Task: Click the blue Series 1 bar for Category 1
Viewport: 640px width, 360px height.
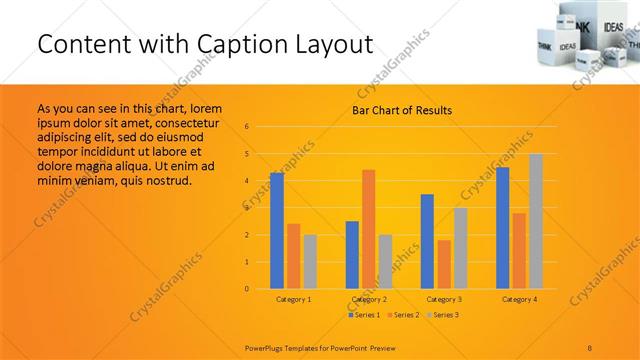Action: point(277,230)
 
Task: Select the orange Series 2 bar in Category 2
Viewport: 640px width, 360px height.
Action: point(369,229)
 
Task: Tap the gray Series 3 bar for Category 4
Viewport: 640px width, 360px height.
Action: point(536,221)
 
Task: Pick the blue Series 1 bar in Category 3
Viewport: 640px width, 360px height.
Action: point(427,241)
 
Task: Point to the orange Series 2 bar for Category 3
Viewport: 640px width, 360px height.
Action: point(444,264)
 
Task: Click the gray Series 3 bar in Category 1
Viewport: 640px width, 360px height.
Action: point(310,261)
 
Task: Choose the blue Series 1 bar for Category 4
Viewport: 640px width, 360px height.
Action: point(502,228)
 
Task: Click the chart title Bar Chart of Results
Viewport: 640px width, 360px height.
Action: point(402,110)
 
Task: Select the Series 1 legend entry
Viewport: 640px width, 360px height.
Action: point(363,315)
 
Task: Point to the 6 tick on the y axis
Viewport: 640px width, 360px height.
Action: point(247,127)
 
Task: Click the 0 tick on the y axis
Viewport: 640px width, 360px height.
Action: point(247,289)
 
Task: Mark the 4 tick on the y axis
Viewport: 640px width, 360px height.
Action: point(247,181)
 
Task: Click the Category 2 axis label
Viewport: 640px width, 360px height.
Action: point(369,299)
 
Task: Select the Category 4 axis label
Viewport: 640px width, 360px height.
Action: point(519,299)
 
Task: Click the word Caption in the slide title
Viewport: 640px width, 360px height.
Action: point(258,45)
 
